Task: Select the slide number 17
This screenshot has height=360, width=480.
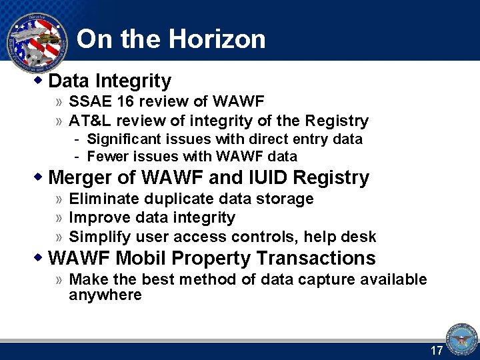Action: (437, 351)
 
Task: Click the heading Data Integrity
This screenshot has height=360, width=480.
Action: (110, 81)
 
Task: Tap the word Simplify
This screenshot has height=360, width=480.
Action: (99, 237)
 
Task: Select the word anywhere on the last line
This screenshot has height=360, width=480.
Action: (105, 295)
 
